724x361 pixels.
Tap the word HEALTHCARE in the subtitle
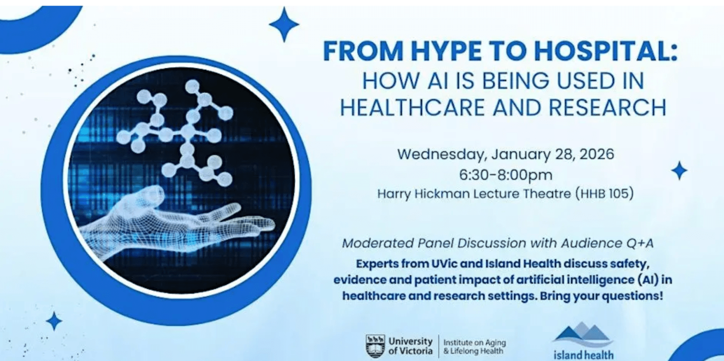(x=412, y=107)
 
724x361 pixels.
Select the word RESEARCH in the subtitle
(x=607, y=107)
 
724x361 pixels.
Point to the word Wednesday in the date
(x=442, y=154)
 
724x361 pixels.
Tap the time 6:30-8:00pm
(x=506, y=175)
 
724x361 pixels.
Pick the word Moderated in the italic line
(x=378, y=243)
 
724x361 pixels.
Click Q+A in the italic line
(x=640, y=243)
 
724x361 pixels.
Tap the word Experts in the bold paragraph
(x=377, y=264)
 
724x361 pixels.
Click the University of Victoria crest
(x=375, y=346)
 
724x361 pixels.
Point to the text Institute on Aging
(x=475, y=343)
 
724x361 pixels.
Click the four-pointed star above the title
(x=284, y=24)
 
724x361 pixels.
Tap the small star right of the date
(x=679, y=170)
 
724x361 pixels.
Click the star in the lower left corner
(x=54, y=321)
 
